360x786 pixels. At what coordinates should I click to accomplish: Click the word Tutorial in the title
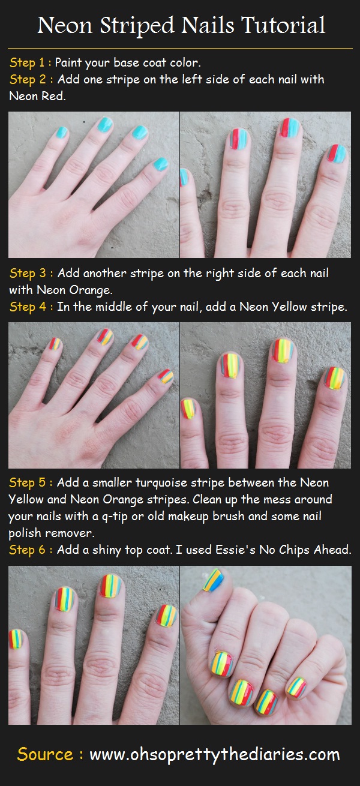coord(283,25)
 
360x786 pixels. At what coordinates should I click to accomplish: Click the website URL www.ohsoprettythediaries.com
coord(215,754)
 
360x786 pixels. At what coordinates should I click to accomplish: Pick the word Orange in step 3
coord(90,290)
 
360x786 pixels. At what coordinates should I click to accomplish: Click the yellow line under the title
coord(180,48)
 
